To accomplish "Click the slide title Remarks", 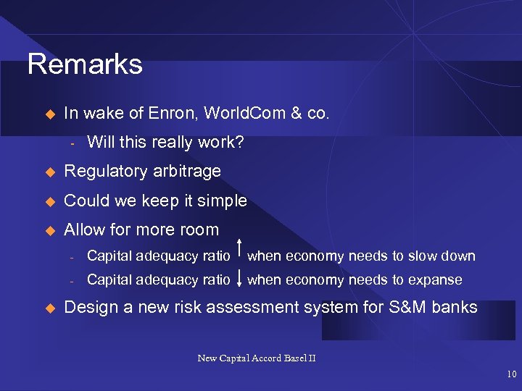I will (x=85, y=64).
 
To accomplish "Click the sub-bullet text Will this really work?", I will (x=165, y=142).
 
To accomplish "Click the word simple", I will (x=223, y=201).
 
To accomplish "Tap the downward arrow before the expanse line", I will (x=239, y=279).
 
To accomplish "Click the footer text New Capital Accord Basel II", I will (x=257, y=358).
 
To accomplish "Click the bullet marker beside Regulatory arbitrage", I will (x=50, y=172).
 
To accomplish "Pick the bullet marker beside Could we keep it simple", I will (x=50, y=201).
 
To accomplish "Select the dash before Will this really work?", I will (x=72, y=143).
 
